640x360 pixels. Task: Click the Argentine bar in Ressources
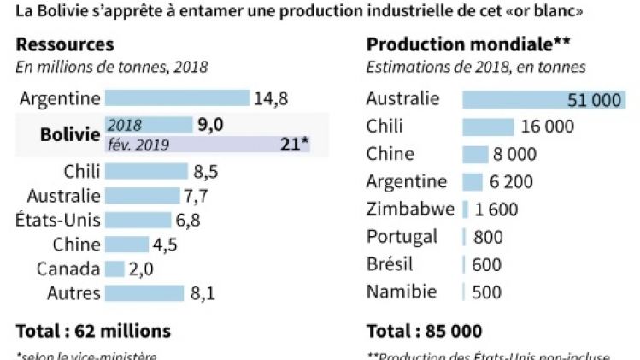176,98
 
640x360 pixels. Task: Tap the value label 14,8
270,98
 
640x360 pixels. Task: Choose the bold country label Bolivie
70,135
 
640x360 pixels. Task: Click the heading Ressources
65,45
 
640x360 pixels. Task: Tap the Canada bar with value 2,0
114,269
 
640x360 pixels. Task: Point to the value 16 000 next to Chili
547,127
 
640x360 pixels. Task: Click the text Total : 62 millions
93,330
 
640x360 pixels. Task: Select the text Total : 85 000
424,330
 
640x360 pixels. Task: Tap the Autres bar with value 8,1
144,293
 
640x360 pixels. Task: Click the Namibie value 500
486,292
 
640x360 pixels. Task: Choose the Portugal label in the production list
402,236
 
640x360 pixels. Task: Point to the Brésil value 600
486,264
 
